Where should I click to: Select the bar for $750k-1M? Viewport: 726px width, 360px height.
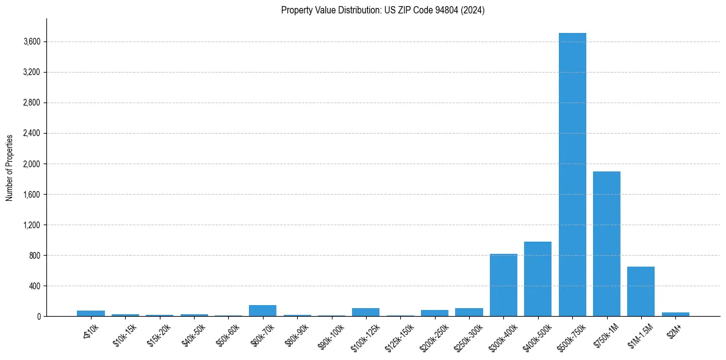[x=606, y=244]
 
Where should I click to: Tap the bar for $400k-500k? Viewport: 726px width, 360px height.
[x=537, y=279]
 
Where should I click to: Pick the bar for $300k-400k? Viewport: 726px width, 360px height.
[x=503, y=285]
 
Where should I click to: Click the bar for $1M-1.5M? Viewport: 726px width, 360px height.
[x=641, y=292]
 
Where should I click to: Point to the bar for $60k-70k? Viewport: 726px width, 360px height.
[x=262, y=311]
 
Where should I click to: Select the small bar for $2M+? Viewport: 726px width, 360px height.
[x=675, y=314]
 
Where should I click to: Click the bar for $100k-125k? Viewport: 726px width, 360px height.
[x=365, y=312]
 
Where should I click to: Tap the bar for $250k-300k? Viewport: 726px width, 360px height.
[x=469, y=312]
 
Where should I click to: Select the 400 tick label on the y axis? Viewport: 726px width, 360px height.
[x=35, y=286]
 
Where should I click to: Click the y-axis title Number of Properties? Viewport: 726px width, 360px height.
[x=9, y=168]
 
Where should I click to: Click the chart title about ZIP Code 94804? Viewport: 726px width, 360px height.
[x=383, y=10]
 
